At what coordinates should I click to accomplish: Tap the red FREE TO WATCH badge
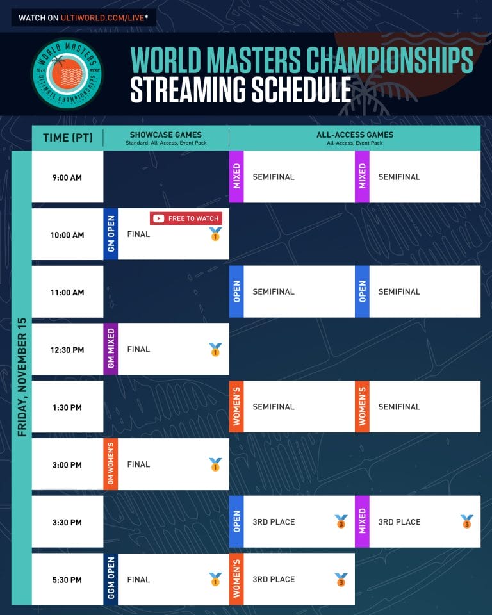tap(186, 218)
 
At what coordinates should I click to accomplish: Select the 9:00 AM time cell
tap(67, 177)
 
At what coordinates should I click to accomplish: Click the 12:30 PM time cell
tap(67, 350)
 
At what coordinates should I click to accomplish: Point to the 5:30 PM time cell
tap(67, 580)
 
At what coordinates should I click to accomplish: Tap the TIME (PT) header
tap(67, 138)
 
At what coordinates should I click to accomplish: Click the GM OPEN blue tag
tap(111, 234)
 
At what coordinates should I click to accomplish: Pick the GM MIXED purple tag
tap(111, 349)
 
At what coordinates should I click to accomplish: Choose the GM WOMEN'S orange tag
tap(111, 464)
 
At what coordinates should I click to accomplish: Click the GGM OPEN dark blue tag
tap(111, 579)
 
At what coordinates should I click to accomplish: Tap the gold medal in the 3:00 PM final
tap(215, 464)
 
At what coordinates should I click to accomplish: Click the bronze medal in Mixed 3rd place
tap(466, 521)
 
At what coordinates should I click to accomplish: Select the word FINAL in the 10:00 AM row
tap(138, 234)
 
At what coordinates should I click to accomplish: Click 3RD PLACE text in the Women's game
tap(274, 580)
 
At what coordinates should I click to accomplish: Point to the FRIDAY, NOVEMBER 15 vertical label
tap(22, 377)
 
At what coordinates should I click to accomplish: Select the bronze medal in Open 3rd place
tap(341, 521)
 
